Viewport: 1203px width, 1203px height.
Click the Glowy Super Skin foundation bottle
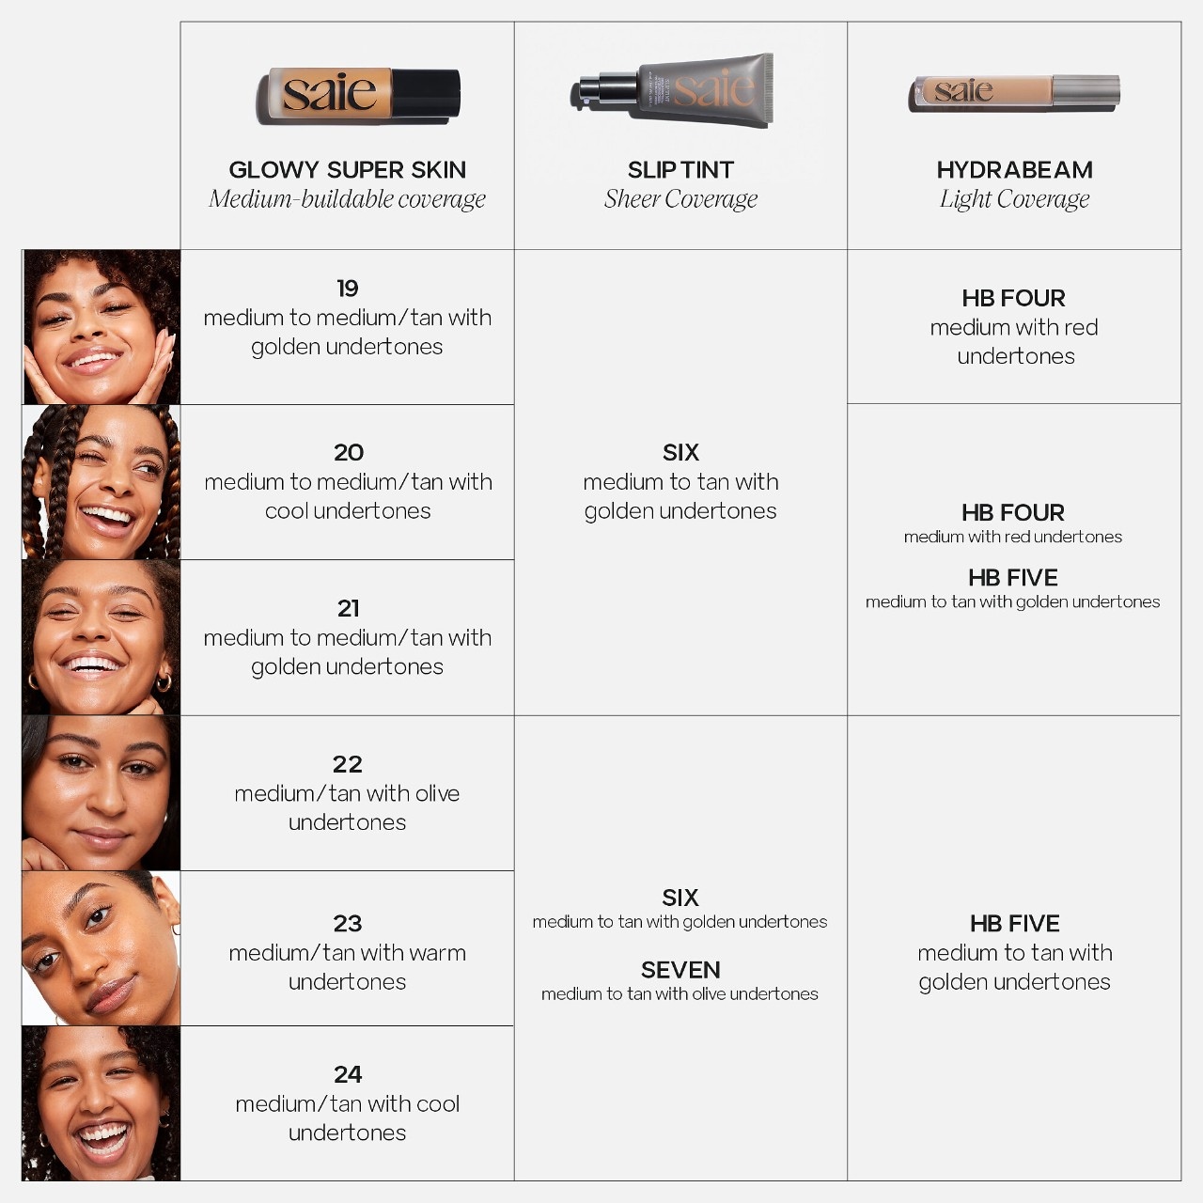click(358, 96)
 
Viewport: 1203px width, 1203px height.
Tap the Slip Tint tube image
click(672, 90)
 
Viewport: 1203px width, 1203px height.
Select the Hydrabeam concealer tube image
click(1014, 93)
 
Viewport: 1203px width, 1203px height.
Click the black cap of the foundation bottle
click(427, 93)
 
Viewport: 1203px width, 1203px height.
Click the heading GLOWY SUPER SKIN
click(347, 170)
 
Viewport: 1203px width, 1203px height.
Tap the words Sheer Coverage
click(680, 199)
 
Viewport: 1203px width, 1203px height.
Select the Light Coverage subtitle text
click(1014, 199)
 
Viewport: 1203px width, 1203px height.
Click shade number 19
click(348, 289)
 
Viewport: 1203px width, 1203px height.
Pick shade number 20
click(349, 453)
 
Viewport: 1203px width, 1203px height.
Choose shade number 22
click(347, 764)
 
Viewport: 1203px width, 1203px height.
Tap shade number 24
click(348, 1074)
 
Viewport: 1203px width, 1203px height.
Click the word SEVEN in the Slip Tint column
click(680, 970)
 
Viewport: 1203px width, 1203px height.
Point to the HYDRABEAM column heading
click(1014, 170)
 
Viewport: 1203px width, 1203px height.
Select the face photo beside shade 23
click(102, 947)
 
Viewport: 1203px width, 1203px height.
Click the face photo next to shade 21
click(102, 637)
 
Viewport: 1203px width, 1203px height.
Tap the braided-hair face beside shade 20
click(102, 482)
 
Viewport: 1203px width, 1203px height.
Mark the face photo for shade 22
click(102, 793)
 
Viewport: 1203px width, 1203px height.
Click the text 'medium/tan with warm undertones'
click(347, 967)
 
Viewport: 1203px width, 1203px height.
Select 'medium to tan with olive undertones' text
click(680, 993)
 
